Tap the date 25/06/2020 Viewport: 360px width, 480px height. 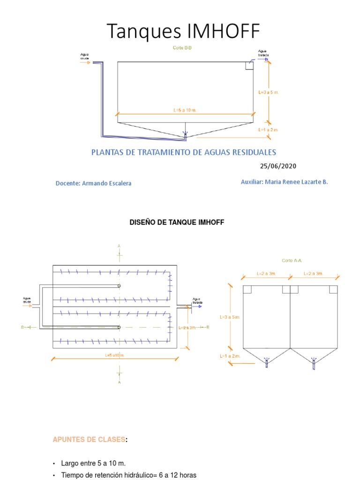click(x=278, y=166)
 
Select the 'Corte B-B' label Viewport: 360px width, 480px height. click(x=182, y=48)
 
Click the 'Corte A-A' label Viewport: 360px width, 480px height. click(x=291, y=260)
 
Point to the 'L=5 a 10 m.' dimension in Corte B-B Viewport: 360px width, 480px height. click(x=184, y=110)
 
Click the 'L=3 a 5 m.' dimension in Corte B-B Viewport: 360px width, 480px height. click(x=269, y=92)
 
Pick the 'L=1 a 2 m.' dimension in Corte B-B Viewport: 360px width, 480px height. click(x=268, y=129)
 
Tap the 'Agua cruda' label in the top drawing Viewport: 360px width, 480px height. click(x=85, y=57)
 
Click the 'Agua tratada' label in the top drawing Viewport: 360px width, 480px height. click(x=262, y=53)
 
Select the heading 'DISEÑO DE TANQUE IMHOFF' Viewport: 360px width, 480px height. click(x=177, y=223)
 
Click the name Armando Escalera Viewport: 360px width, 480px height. click(x=106, y=183)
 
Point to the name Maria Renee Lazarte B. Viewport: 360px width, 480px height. click(x=297, y=182)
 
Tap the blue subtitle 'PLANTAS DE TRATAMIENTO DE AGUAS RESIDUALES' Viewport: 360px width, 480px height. click(x=183, y=152)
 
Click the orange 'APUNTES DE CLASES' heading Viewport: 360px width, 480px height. click(x=89, y=439)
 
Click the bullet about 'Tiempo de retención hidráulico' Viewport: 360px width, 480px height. click(x=128, y=475)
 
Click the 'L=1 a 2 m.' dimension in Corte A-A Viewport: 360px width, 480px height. click(x=230, y=356)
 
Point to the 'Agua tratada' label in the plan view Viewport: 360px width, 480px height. click(x=197, y=301)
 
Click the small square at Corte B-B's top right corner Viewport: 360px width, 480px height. click(x=249, y=65)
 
